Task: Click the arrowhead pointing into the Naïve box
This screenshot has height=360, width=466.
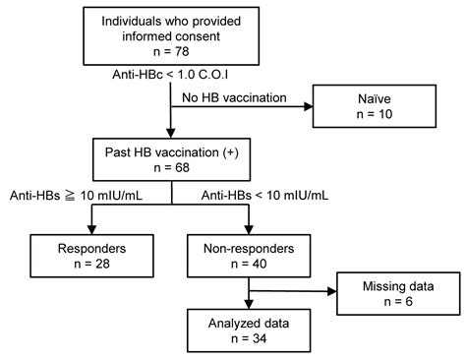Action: click(x=307, y=108)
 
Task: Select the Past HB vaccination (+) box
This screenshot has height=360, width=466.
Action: click(x=172, y=160)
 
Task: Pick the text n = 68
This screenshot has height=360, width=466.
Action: click(x=172, y=169)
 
